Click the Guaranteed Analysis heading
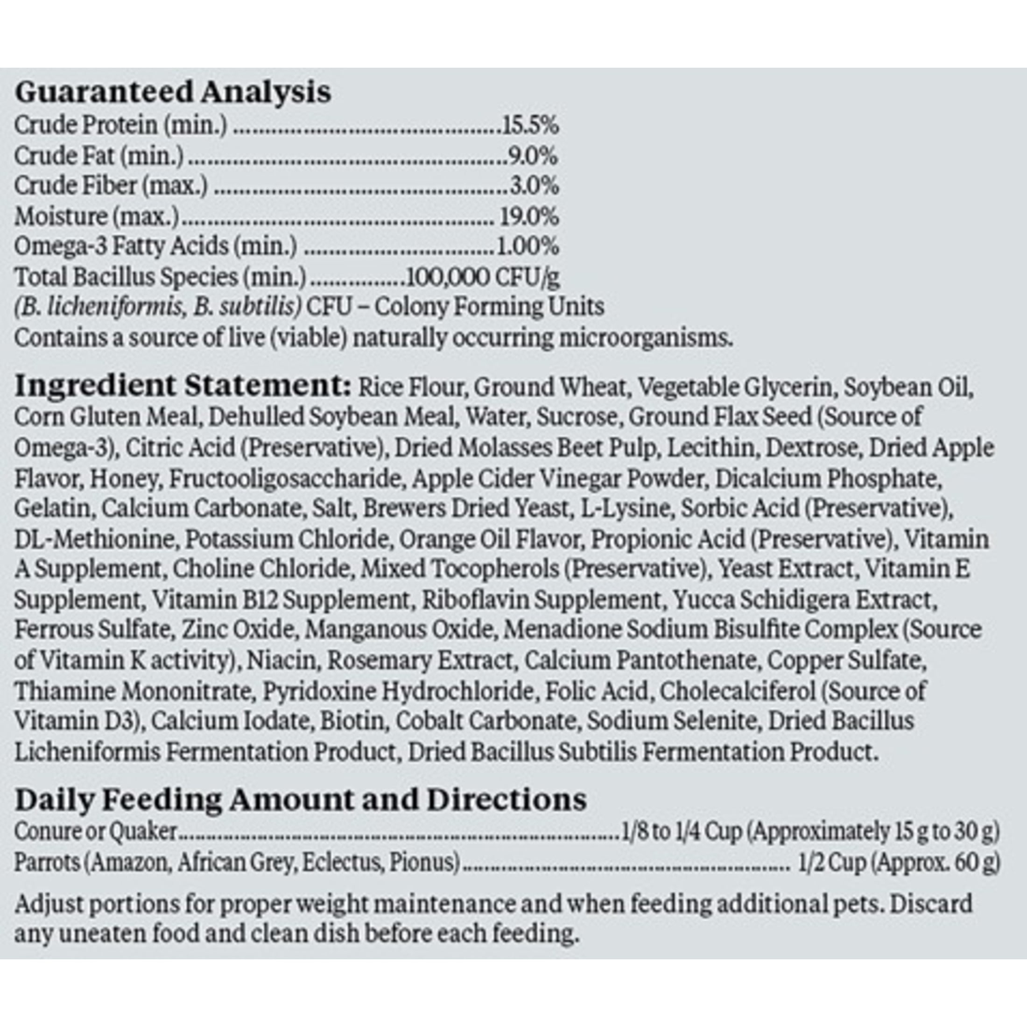pyautogui.click(x=173, y=92)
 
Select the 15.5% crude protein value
pyautogui.click(x=530, y=126)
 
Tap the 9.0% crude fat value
pyautogui.click(x=533, y=156)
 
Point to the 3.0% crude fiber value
pyautogui.click(x=534, y=186)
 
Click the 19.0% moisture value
pyautogui.click(x=529, y=216)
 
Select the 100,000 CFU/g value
pyautogui.click(x=482, y=277)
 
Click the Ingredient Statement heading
pyautogui.click(x=183, y=386)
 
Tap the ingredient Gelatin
pyautogui.click(x=54, y=509)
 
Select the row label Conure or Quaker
pyautogui.click(x=95, y=831)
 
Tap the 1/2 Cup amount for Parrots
pyautogui.click(x=832, y=862)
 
